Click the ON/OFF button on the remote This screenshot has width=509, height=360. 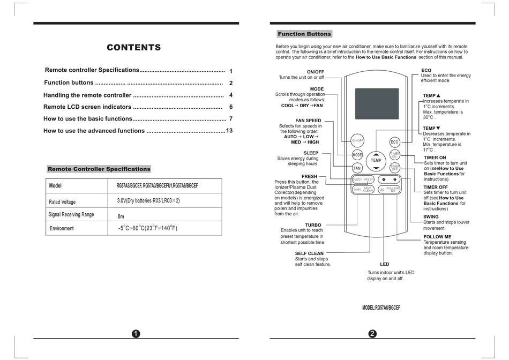coord(357,141)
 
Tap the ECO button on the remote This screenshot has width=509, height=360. coord(395,141)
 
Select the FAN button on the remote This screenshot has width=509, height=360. coord(357,168)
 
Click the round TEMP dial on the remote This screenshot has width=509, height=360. coord(376,160)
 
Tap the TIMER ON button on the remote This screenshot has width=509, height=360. coord(395,155)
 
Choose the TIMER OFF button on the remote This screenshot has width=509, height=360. coord(395,168)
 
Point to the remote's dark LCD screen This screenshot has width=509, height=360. coord(377,104)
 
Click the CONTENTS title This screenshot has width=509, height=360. coord(133,48)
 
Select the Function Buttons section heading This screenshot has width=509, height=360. coord(304,34)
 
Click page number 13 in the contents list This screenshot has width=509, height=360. coord(230,131)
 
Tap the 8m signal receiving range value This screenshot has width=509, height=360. coord(121,216)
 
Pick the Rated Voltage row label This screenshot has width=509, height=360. coord(62,202)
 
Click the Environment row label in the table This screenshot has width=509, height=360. coord(62,229)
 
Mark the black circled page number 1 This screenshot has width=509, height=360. coord(136,334)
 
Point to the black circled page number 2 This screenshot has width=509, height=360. coord(372,334)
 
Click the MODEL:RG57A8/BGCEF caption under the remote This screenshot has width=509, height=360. coord(381,307)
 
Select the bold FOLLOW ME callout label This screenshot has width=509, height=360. coord(437,236)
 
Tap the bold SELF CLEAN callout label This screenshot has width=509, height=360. coord(309,253)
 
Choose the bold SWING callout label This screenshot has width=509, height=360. coord(432,216)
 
